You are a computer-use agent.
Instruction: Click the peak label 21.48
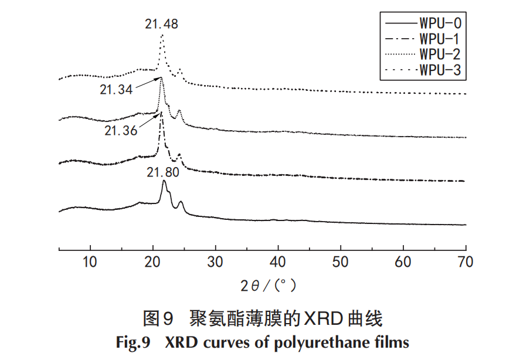click(161, 24)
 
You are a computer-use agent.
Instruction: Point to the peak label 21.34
click(115, 90)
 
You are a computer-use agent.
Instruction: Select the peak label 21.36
click(121, 130)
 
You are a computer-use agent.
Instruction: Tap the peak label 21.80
click(163, 172)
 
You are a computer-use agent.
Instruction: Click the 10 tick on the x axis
click(90, 261)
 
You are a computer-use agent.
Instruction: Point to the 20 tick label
click(153, 261)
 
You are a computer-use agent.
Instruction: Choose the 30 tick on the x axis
click(216, 261)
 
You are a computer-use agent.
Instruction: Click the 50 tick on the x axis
click(341, 261)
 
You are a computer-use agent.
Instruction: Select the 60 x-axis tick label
click(403, 261)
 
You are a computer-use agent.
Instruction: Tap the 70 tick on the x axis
click(466, 261)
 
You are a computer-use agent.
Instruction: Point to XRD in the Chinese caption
click(321, 320)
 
